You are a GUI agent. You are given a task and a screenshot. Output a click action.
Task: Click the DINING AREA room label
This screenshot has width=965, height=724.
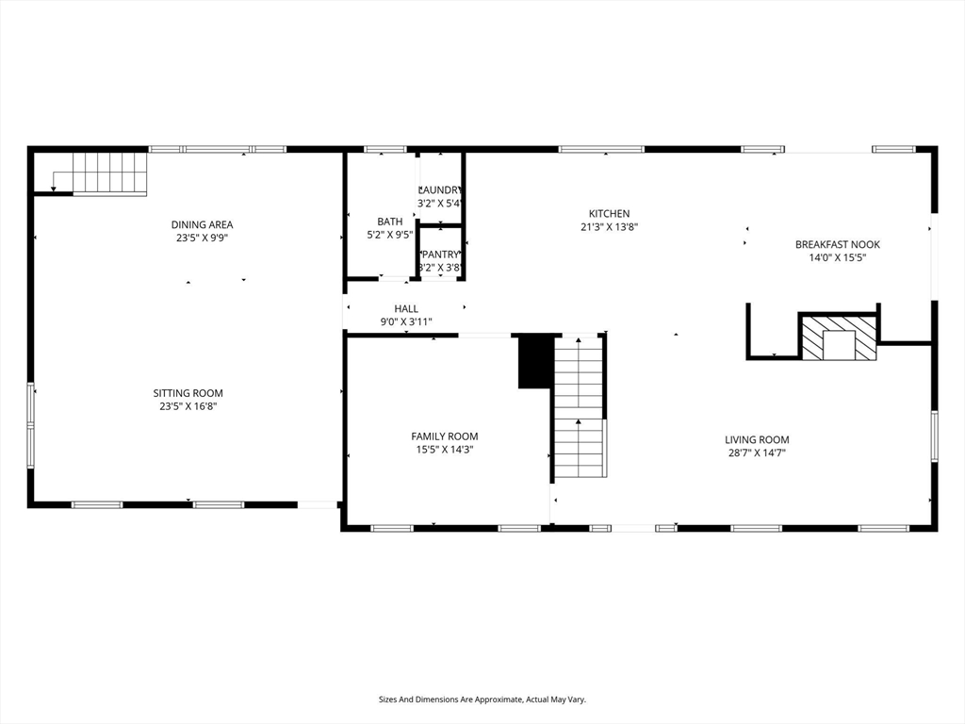pos(202,224)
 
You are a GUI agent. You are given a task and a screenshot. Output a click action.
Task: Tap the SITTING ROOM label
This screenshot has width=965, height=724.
pos(188,393)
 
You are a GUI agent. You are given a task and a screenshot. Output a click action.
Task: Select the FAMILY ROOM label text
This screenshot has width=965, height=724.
pos(444,436)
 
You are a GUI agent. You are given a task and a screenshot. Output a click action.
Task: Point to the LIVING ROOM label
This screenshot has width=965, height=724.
pos(757,439)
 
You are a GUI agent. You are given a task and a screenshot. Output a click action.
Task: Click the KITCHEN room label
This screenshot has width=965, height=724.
pos(609,214)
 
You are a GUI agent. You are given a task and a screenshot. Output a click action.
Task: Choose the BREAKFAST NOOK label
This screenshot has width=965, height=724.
pos(837,244)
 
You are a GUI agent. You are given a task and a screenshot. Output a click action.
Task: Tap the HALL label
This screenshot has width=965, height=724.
pos(406,308)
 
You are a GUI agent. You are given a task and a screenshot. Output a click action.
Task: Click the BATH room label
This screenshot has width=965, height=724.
pos(389,222)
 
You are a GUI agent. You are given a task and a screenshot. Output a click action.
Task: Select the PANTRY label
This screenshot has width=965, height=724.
pos(440,255)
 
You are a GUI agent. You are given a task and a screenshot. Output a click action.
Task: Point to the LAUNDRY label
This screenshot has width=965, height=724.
pos(440,189)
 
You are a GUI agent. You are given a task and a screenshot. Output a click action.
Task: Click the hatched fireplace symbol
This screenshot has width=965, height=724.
pos(838,337)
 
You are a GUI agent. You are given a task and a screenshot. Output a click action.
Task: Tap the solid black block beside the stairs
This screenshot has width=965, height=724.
pos(535,362)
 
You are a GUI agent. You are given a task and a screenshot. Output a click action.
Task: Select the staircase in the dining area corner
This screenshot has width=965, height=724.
pos(108,173)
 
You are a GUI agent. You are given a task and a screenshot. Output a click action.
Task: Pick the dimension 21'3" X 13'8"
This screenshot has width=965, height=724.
pos(609,227)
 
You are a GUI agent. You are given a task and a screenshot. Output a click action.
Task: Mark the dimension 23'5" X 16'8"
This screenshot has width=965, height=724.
pos(188,406)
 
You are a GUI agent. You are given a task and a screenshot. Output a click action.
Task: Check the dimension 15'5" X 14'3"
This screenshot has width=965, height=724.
pos(444,450)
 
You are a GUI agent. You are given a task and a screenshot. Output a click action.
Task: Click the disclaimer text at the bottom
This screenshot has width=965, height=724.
pos(482,699)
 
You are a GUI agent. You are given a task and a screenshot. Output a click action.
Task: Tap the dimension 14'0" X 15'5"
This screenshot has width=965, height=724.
pos(837,257)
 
